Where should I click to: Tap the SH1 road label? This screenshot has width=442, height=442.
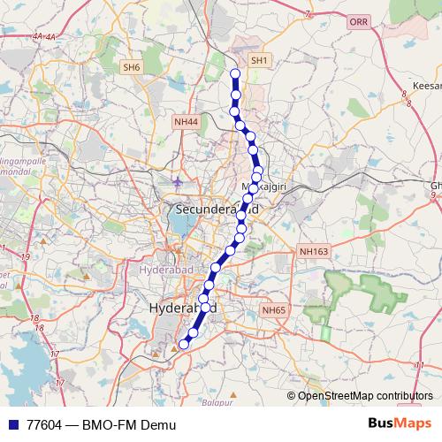click(x=259, y=60)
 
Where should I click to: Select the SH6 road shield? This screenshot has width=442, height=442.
click(x=132, y=67)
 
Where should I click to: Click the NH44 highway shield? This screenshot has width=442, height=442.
click(x=186, y=121)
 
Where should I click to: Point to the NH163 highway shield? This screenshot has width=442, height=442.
click(x=314, y=252)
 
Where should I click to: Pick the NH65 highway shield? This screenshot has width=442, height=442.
click(x=273, y=310)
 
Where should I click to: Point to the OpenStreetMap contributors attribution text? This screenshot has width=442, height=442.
click(x=365, y=395)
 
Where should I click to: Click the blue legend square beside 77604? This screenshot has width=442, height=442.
click(x=11, y=425)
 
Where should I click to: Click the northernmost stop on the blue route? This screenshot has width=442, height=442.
click(x=235, y=74)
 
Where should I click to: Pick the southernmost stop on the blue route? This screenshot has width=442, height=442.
click(x=185, y=344)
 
